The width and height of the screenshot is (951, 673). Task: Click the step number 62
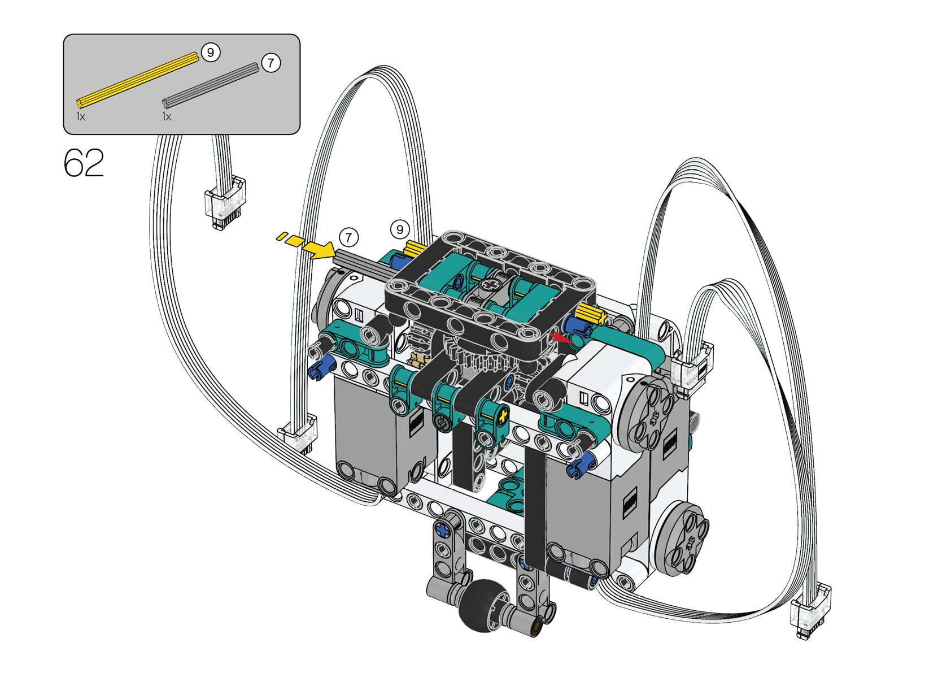tap(84, 163)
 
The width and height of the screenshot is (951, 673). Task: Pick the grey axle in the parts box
tap(211, 85)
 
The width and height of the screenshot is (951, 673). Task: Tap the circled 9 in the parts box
tap(210, 53)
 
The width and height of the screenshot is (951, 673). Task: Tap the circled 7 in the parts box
tap(271, 63)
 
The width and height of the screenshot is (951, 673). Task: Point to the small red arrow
tap(560, 338)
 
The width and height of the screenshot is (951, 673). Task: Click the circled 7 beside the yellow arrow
tap(348, 237)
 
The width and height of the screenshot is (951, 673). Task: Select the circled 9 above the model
tap(399, 230)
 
